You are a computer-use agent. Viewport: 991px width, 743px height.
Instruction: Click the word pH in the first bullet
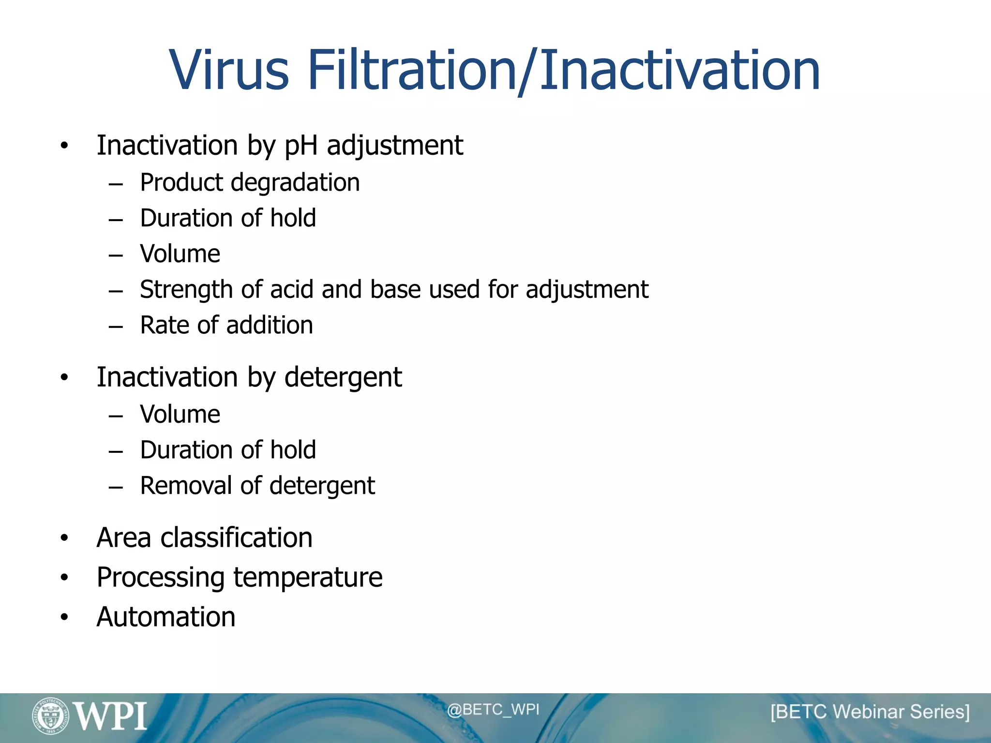[300, 146]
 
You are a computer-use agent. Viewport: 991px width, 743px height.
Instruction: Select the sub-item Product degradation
[250, 183]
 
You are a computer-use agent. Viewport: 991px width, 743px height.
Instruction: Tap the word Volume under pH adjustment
[180, 254]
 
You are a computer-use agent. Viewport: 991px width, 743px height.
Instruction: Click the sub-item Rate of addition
[226, 325]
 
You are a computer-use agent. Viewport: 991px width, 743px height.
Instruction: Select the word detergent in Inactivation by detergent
[343, 377]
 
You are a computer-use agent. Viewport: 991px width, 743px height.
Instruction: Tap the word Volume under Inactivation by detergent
[180, 415]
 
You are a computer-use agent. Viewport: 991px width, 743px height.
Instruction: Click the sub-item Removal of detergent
[257, 486]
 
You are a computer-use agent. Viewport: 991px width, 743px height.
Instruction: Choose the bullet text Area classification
[204, 538]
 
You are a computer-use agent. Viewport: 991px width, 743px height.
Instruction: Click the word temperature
[308, 578]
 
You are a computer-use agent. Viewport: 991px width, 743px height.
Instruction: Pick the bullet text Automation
[166, 617]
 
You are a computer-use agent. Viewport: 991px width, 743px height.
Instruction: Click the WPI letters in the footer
[111, 716]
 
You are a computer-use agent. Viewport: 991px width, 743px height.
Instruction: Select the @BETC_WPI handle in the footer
[493, 710]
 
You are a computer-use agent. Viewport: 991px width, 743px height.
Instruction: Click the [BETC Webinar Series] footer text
[870, 712]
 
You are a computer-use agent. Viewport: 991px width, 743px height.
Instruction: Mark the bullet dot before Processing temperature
[64, 578]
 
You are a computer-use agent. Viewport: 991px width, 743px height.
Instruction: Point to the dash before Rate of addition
[116, 327]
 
